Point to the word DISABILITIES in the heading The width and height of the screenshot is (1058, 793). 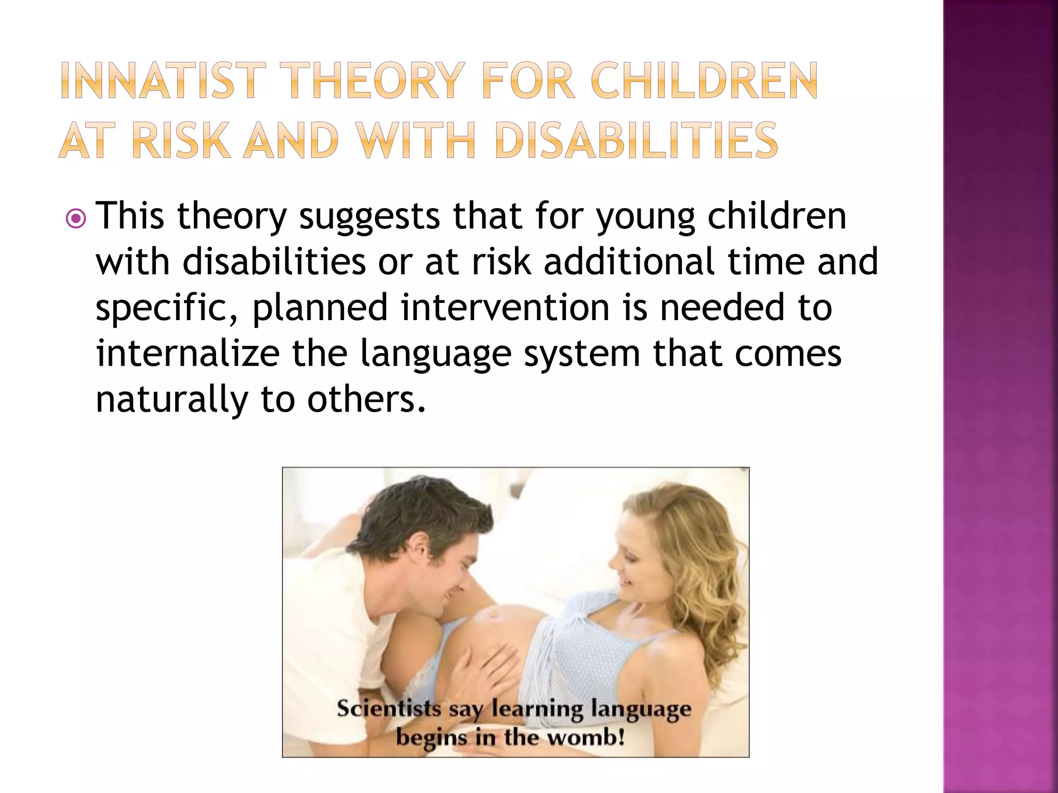635,140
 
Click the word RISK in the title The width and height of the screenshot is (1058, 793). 181,140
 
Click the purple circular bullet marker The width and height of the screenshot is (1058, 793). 76,219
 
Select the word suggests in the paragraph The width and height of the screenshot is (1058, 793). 369,217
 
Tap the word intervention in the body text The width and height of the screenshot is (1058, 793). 505,308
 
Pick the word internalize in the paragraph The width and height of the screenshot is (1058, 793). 188,354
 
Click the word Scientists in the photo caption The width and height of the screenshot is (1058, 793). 388,708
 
